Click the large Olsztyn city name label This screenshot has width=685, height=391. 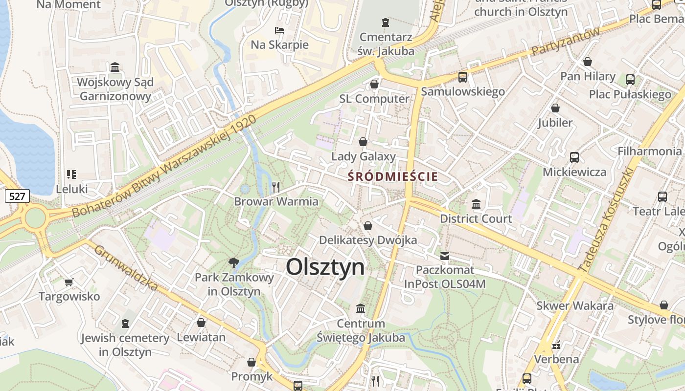(x=325, y=267)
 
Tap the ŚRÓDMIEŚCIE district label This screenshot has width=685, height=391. (x=392, y=176)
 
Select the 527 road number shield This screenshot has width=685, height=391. (x=17, y=196)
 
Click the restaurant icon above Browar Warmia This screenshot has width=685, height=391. (x=276, y=187)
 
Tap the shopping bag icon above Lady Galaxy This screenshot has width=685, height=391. (x=363, y=142)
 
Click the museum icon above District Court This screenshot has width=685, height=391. (x=476, y=204)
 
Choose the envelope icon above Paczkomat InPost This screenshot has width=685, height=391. (x=445, y=256)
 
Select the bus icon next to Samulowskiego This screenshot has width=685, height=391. (x=462, y=77)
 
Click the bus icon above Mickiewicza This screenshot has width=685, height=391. (x=574, y=157)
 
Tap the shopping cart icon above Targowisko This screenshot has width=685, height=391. (x=69, y=282)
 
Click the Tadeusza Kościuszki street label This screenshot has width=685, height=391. (x=606, y=219)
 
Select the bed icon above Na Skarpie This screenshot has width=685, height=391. (x=279, y=30)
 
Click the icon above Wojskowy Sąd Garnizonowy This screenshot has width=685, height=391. (x=115, y=67)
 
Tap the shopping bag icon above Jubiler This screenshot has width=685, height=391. (x=555, y=108)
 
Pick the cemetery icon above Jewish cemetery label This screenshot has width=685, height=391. (x=125, y=323)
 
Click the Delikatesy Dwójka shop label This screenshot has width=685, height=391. (x=368, y=240)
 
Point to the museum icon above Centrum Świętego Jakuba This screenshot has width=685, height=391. (x=361, y=309)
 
